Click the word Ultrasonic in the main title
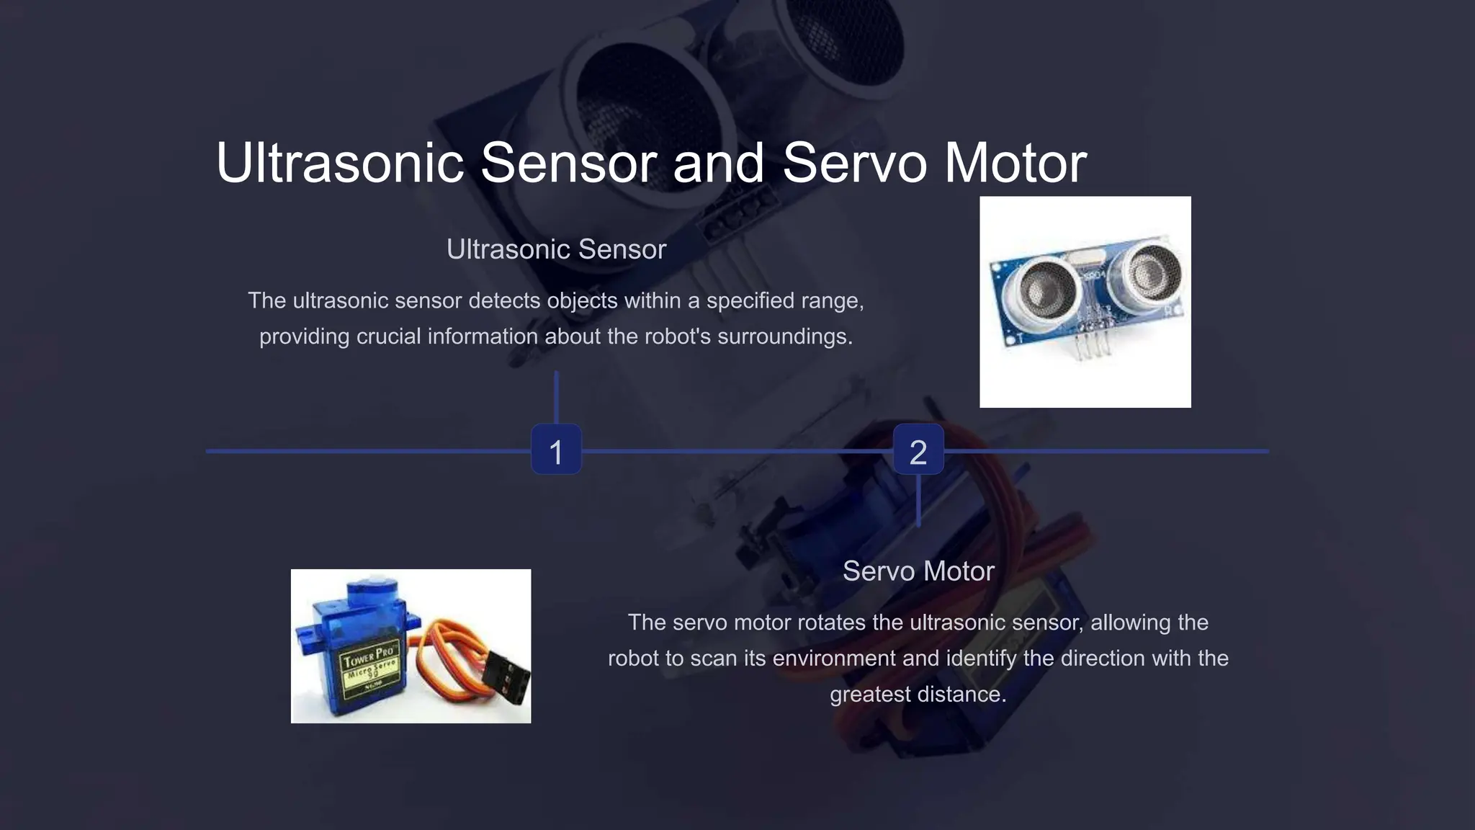point(340,162)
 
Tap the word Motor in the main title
point(1016,162)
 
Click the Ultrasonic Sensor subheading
point(556,249)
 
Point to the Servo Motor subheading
point(918,571)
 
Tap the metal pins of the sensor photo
point(1092,343)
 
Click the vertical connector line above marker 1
point(556,398)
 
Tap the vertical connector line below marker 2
point(918,501)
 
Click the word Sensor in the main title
point(568,162)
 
